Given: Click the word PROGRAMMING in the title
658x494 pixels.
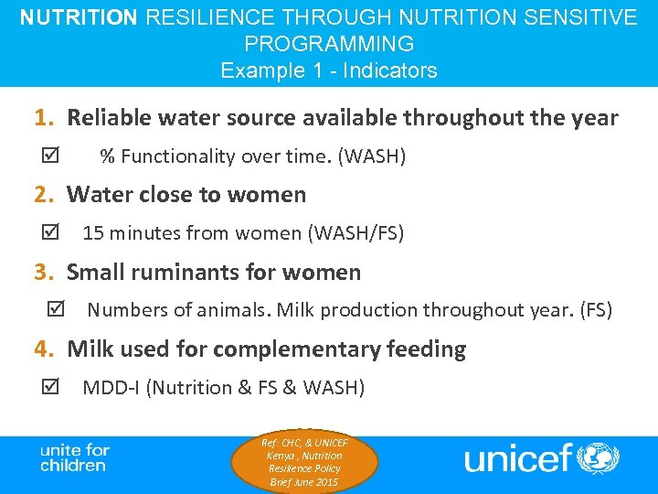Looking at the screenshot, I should click(329, 44).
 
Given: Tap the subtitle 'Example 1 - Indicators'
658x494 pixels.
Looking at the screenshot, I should click(329, 70).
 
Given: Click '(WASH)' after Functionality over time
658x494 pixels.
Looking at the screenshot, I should click(372, 156).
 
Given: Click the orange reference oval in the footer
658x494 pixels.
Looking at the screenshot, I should click(304, 462).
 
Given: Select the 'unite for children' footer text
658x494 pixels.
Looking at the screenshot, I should click(74, 457).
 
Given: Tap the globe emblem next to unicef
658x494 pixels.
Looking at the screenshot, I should click(600, 457).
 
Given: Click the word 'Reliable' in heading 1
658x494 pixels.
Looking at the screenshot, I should click(109, 118).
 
